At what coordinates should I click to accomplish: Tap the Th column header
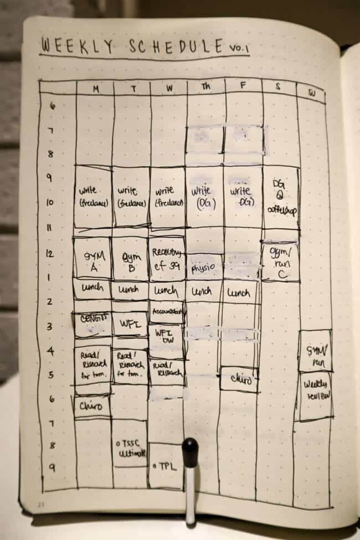click(206, 87)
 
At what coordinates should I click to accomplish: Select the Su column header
click(312, 92)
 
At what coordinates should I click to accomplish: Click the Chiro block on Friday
click(239, 380)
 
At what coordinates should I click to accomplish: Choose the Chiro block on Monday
click(91, 407)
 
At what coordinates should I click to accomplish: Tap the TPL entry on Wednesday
click(165, 467)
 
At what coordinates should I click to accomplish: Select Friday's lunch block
click(239, 291)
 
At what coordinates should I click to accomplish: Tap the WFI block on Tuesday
click(130, 323)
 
